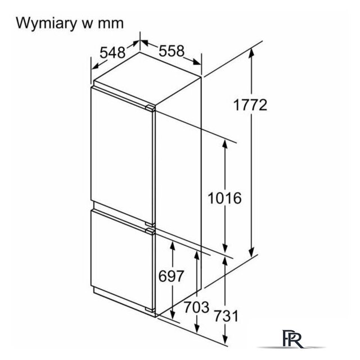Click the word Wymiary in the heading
[47, 24]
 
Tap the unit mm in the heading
[111, 24]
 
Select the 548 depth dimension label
[112, 52]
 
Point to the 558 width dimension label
[172, 51]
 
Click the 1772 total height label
[250, 105]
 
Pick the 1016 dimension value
[225, 198]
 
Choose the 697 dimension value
[171, 276]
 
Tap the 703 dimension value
[197, 307]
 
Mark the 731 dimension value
[226, 316]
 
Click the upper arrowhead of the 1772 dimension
[251, 53]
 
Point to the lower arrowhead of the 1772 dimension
[252, 253]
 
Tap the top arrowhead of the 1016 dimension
[225, 145]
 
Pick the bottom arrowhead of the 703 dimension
[197, 327]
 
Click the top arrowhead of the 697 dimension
[173, 246]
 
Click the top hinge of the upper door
[150, 108]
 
